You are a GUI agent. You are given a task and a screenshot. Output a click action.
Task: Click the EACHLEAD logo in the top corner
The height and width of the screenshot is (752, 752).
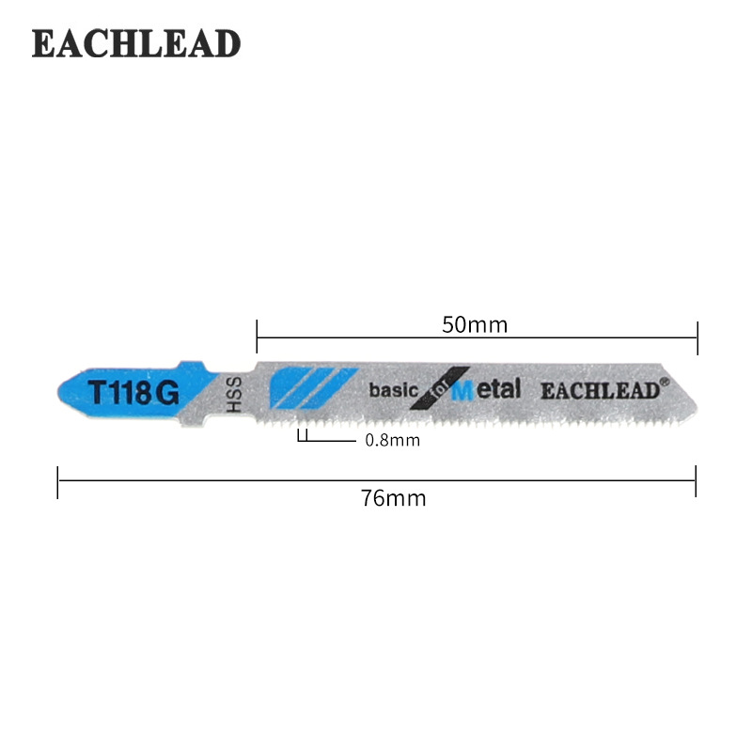(x=136, y=43)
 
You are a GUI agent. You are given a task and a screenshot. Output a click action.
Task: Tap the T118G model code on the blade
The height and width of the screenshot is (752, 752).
(x=133, y=392)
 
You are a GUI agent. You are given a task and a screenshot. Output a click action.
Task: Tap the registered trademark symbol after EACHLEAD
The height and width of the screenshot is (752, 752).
(x=664, y=382)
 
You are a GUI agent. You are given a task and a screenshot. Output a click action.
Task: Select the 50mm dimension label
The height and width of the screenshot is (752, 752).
(x=475, y=325)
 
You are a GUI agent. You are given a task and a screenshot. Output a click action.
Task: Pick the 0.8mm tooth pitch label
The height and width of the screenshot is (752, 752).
(x=392, y=439)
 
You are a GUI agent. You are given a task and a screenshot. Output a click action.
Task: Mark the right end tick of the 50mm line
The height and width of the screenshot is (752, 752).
(x=697, y=337)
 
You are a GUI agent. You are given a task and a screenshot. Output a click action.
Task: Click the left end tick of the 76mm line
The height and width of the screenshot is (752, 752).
(x=58, y=481)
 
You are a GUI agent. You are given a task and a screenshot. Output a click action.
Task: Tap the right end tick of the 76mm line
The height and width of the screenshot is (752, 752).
(x=696, y=481)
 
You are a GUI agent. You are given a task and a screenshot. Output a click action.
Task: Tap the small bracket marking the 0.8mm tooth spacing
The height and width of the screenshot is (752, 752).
(x=303, y=435)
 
